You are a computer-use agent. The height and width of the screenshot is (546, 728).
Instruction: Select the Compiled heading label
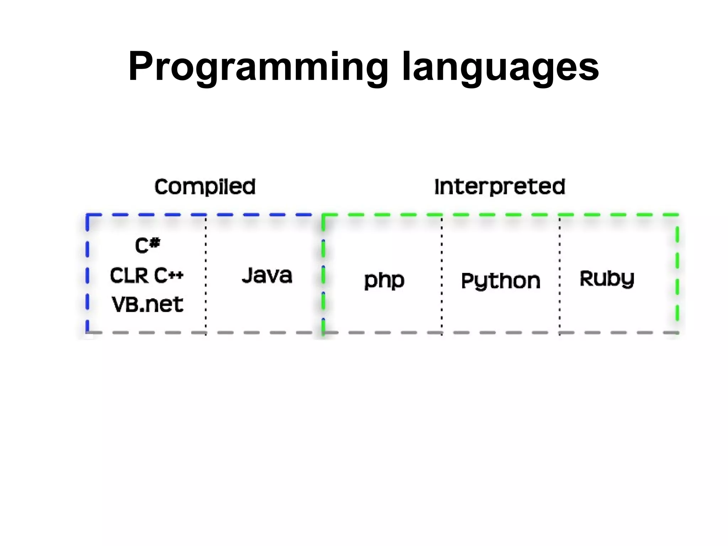(x=205, y=187)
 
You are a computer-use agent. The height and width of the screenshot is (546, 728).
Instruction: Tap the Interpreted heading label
(x=500, y=187)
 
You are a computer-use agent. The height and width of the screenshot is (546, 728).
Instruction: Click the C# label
(x=148, y=245)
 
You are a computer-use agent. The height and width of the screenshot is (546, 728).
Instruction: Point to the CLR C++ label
(x=146, y=275)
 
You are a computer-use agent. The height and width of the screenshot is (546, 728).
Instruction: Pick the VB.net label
(x=148, y=305)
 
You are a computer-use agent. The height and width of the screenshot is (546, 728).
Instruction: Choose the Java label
(x=267, y=275)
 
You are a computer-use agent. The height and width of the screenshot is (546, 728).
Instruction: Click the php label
(x=384, y=280)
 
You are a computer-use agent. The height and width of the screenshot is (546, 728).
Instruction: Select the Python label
(x=500, y=281)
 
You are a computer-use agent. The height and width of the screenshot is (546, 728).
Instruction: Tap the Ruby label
(x=607, y=278)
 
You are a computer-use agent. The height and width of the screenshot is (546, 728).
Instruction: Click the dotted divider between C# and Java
(x=206, y=274)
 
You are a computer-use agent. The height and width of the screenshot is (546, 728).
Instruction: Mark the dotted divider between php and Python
(x=442, y=274)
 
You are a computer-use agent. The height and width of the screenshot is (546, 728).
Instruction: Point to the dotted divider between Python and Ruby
(x=560, y=274)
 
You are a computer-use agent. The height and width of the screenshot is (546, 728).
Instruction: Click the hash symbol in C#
(x=155, y=243)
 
